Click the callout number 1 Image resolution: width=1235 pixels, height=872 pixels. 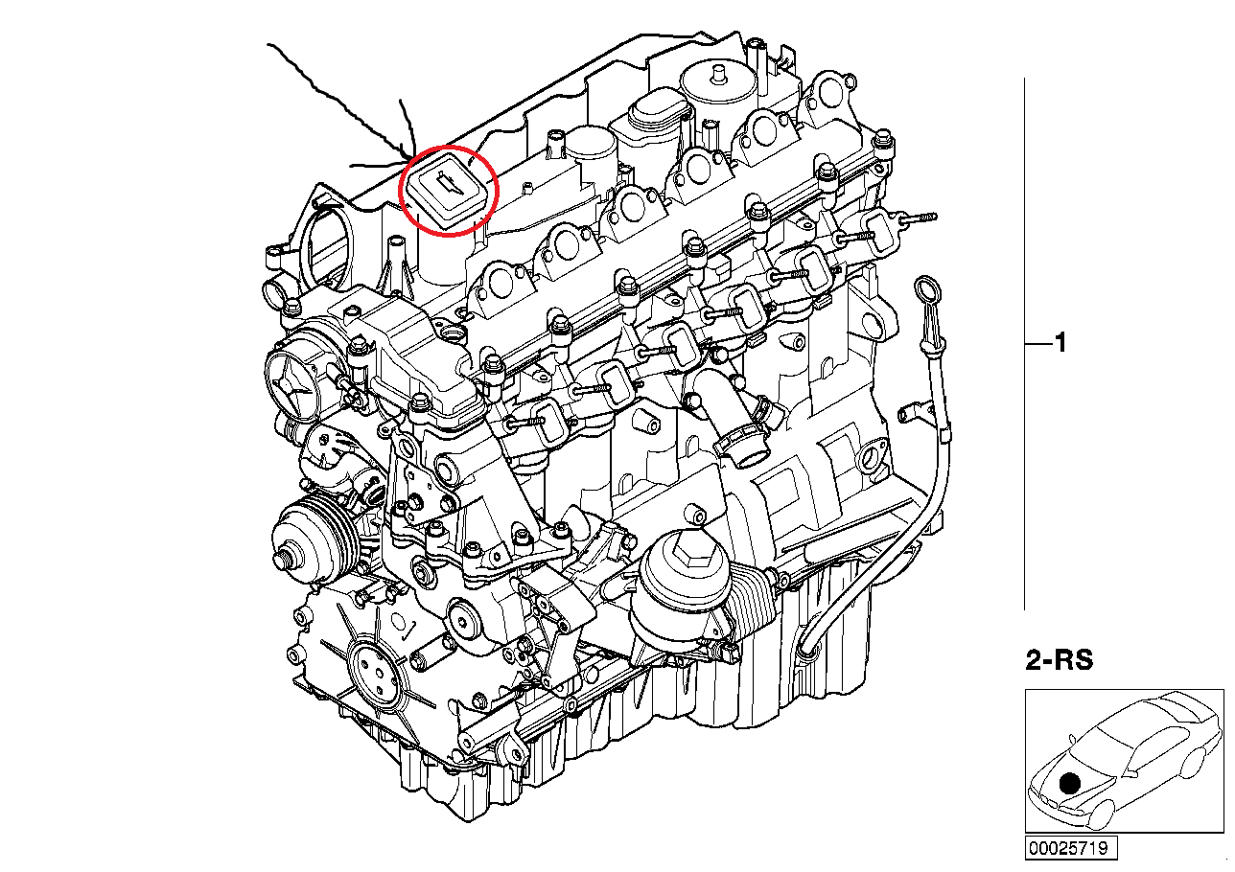1060,343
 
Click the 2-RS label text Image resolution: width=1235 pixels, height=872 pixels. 1059,659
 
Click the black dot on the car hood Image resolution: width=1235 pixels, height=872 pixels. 1070,783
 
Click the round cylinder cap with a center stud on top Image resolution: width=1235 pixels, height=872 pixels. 716,82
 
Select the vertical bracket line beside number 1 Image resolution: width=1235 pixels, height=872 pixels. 1025,343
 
